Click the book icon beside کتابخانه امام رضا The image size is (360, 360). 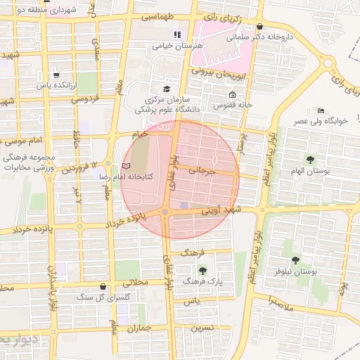pos(127,165)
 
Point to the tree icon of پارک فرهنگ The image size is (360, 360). pos(202,270)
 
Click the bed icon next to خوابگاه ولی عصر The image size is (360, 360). pos(321,111)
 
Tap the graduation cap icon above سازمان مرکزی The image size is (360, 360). pos(167,89)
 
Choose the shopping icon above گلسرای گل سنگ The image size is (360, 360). pos(104,287)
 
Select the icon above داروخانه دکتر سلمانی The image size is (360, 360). pos(259,26)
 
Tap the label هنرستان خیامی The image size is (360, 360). pos(177,46)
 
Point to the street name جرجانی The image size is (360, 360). pos(200,170)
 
